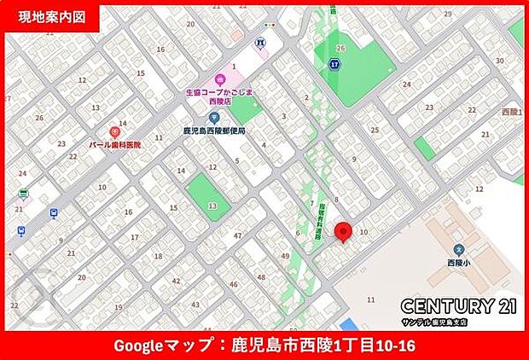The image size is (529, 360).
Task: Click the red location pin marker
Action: tap(343, 231)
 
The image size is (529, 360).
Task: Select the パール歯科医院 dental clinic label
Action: tap(115, 145)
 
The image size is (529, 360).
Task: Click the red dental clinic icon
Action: tap(114, 133)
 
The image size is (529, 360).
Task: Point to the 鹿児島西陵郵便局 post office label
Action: tap(213, 131)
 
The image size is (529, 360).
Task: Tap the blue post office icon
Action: tap(214, 118)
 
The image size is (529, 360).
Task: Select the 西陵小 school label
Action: tap(459, 263)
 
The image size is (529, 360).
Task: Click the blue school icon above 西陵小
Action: tap(458, 250)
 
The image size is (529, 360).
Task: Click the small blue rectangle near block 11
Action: tap(348, 324)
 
